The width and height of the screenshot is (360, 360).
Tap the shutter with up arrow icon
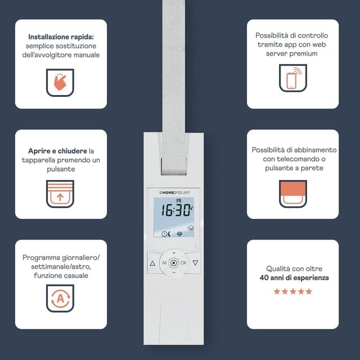click(x=61, y=193)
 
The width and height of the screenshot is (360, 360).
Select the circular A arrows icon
click(x=61, y=298)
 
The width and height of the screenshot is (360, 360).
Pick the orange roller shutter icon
click(x=293, y=193)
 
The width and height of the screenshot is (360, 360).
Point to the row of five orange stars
click(x=293, y=291)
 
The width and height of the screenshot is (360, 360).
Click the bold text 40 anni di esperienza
click(x=295, y=278)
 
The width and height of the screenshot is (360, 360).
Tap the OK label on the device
click(x=184, y=263)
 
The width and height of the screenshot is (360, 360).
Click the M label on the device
click(x=164, y=263)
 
